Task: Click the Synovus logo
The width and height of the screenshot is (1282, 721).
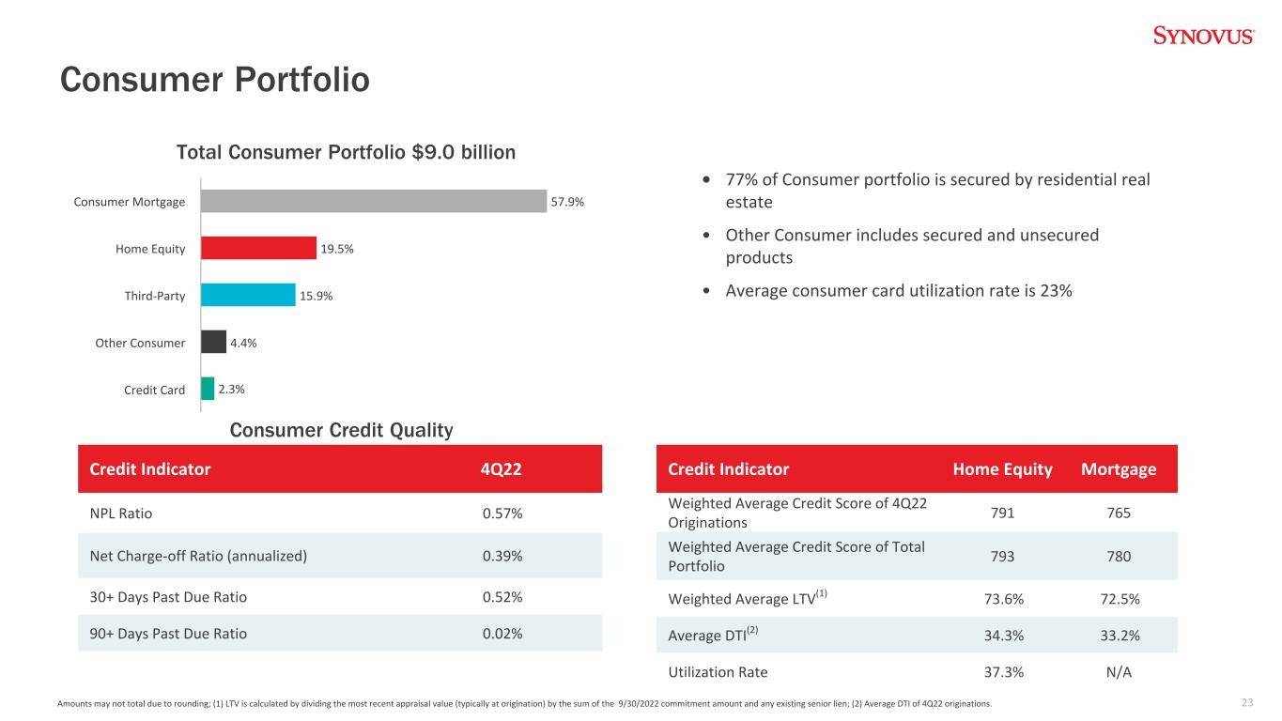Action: coord(1204,36)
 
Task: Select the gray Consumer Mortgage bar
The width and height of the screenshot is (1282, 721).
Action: coord(374,201)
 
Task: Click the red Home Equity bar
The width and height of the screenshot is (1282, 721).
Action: coord(258,248)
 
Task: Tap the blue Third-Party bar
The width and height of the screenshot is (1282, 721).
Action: coord(248,295)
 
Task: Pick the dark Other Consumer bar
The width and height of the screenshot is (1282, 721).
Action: coord(213,342)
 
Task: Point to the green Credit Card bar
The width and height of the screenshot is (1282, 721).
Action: coord(208,389)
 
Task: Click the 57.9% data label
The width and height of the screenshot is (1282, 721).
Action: coord(567,202)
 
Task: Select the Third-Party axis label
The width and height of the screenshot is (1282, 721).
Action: coord(155,296)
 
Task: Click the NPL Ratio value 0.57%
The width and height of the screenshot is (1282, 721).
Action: coord(502,514)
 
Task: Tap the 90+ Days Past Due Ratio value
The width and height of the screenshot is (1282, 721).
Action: coord(502,634)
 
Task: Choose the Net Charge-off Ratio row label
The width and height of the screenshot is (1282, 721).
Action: coord(198,556)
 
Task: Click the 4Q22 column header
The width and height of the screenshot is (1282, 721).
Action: coord(501,469)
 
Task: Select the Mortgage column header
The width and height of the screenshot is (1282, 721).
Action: coord(1119,469)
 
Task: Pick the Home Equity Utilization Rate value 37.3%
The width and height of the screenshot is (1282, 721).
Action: coord(1004,672)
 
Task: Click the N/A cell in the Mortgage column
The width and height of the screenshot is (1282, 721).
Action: coord(1119,672)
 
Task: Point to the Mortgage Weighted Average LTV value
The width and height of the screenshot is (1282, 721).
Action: coord(1120,599)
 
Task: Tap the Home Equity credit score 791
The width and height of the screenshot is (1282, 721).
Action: coord(1003,513)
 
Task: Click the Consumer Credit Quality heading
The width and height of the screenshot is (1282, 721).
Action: coord(341,430)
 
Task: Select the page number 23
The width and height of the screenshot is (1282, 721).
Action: coord(1247,702)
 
